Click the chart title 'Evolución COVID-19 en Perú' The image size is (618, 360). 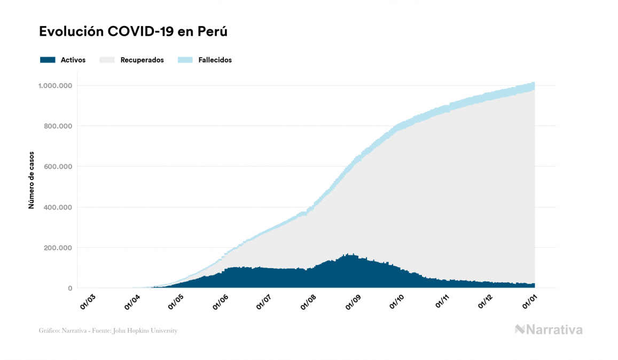tap(133, 32)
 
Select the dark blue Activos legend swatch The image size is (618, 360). tap(48, 60)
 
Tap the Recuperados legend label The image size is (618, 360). tap(142, 60)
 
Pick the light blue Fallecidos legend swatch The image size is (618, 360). tap(185, 60)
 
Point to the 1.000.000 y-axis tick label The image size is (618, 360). tap(55, 85)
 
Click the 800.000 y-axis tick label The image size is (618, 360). tap(58, 126)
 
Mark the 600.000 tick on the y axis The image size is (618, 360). tap(58, 167)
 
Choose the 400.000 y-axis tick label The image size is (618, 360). tap(58, 207)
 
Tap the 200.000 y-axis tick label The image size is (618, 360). tap(58, 248)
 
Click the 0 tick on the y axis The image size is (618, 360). tap(70, 288)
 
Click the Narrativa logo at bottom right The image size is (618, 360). tap(549, 330)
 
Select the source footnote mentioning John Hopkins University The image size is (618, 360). tap(108, 331)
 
